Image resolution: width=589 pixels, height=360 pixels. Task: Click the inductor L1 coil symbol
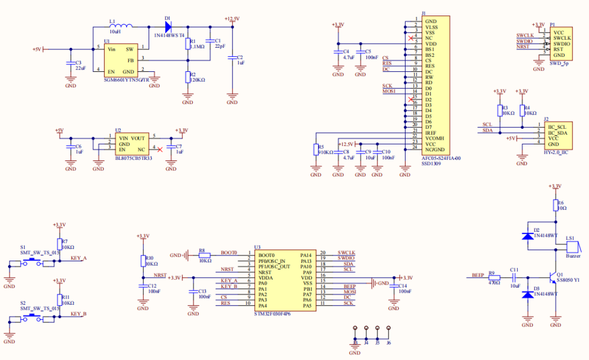point(121,26)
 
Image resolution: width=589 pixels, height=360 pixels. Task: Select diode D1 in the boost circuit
point(169,26)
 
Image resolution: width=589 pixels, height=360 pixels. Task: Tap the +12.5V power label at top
point(232,18)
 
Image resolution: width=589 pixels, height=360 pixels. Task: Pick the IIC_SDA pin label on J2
point(557,133)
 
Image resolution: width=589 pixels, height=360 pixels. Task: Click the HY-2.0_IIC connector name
point(556,152)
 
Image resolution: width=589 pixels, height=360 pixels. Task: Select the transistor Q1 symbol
point(553,276)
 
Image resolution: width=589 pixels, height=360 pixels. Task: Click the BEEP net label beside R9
point(477,275)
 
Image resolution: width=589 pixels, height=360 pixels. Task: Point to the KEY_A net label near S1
point(78,258)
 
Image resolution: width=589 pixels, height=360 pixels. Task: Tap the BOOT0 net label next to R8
point(229,253)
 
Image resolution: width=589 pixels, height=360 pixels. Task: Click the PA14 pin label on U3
point(306,254)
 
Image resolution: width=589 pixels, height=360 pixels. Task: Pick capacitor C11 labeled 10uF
point(514,277)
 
